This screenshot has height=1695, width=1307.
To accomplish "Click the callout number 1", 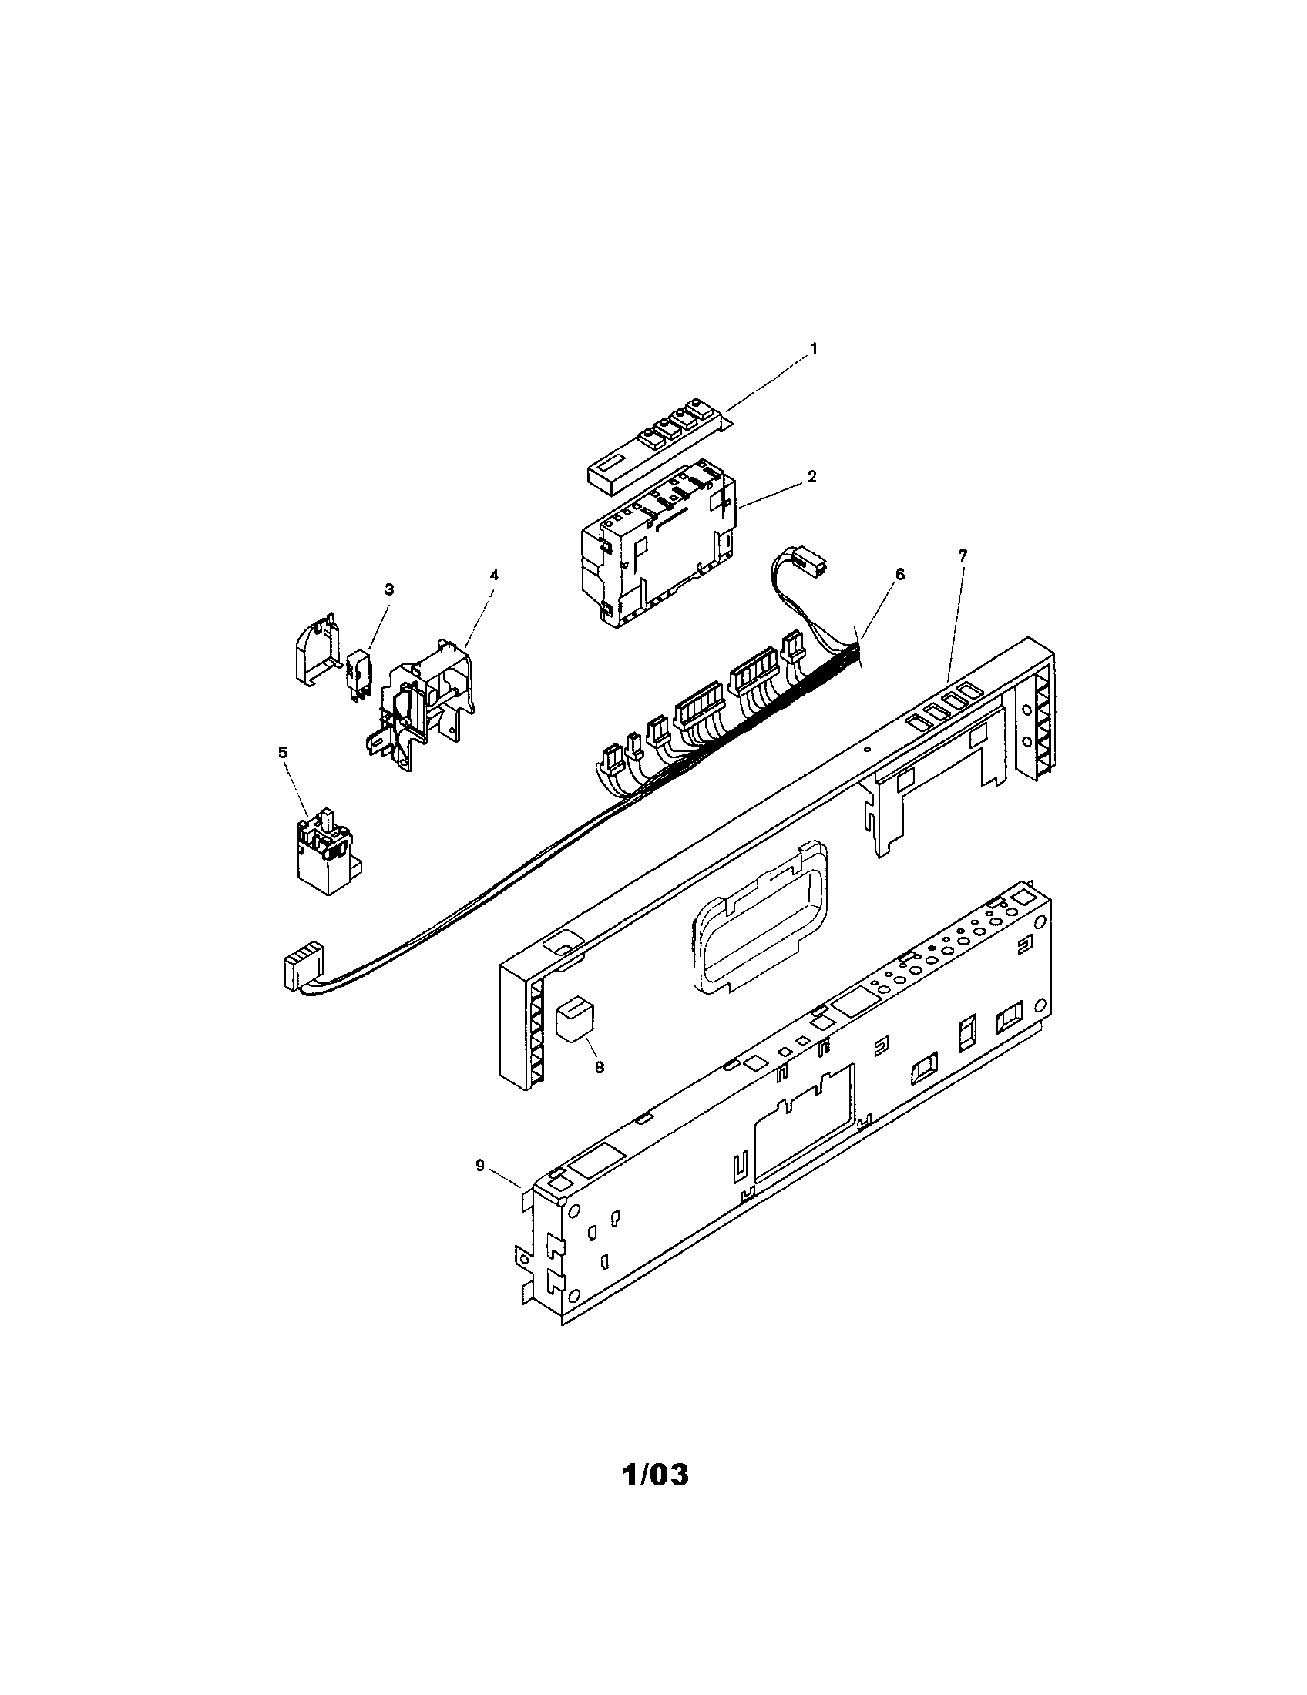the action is (x=813, y=349).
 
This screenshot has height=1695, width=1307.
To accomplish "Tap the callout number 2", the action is (x=811, y=476).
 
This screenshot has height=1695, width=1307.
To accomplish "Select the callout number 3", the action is (x=389, y=590).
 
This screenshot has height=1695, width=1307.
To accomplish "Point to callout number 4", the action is (x=494, y=575).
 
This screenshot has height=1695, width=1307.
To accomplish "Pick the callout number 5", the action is (x=283, y=752).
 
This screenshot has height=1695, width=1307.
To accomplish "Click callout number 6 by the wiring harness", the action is (x=899, y=573).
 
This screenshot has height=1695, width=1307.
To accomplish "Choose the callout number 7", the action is (x=963, y=555).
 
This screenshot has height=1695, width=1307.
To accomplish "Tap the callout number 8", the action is (x=600, y=1067).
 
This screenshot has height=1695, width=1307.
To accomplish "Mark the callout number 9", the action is (x=480, y=1186).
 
